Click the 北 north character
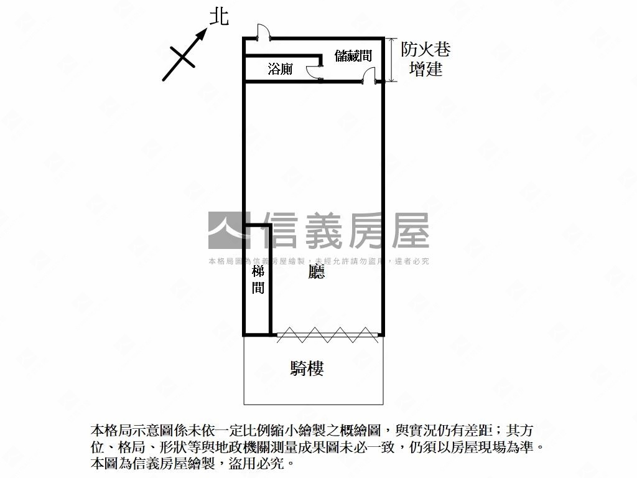[218, 16]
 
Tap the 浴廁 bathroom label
[280, 69]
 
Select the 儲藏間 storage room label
[353, 55]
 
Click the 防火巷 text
[425, 49]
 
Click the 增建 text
[425, 68]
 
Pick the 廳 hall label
[317, 273]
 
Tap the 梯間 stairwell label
[258, 279]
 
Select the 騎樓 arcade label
[307, 368]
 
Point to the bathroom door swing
[315, 71]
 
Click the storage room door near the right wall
[369, 76]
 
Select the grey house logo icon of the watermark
[225, 230]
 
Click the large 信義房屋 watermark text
[345, 230]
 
